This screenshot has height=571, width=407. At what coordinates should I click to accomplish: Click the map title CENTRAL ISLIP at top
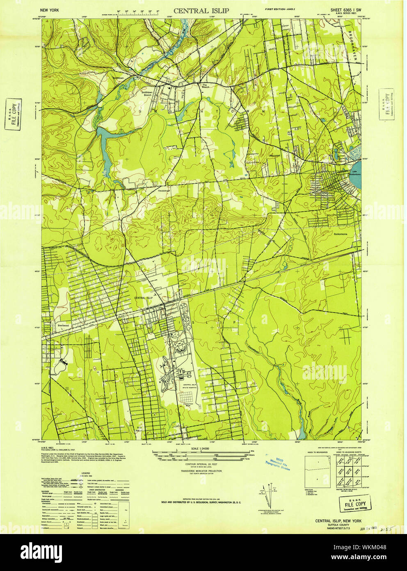tap(201, 11)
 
